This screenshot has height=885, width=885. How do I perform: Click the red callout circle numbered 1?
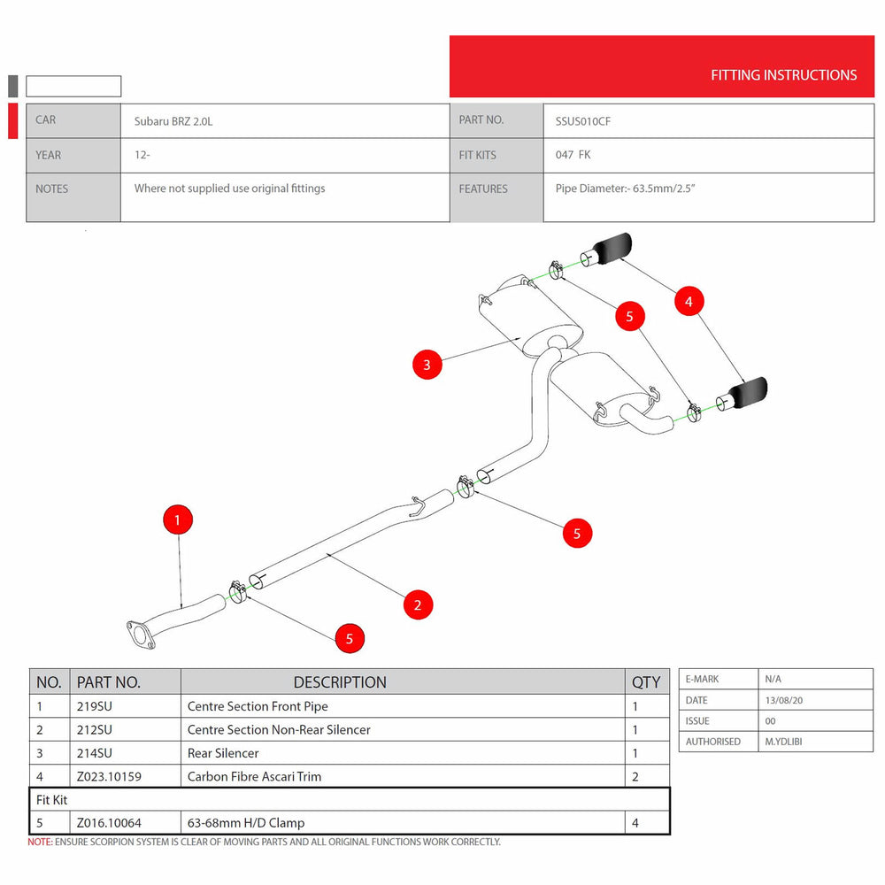click(178, 519)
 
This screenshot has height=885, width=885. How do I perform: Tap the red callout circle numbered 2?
click(418, 605)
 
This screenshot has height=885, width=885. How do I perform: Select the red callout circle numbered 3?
click(427, 364)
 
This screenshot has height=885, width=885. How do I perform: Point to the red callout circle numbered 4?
click(689, 302)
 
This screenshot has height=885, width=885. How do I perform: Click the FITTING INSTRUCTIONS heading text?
click(783, 75)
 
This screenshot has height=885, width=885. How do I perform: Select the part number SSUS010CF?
click(582, 121)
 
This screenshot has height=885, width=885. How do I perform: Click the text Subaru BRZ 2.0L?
click(173, 121)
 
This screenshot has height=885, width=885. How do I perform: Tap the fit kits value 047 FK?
click(573, 155)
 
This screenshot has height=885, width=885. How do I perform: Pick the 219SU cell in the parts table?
click(95, 706)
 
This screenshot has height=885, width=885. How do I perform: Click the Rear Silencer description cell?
click(223, 753)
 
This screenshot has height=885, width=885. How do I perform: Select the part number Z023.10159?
click(109, 776)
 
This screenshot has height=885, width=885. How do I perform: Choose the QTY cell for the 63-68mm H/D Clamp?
click(635, 823)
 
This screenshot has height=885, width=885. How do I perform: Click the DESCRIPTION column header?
click(340, 682)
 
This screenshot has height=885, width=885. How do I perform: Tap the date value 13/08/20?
click(783, 700)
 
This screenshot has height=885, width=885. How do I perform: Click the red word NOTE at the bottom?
click(40, 843)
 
